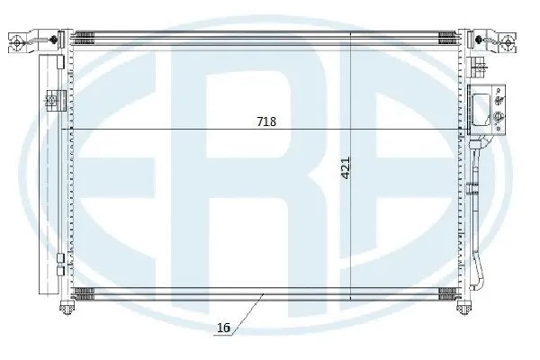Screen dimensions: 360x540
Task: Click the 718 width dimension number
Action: pyautogui.click(x=267, y=121)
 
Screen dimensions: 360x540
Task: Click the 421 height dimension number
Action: pyautogui.click(x=346, y=169)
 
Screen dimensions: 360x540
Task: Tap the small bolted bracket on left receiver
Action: pyautogui.click(x=51, y=102)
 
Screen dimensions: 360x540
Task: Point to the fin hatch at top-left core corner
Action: pyautogui.click(x=85, y=38)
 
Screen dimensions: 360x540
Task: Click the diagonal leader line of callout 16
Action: pyautogui.click(x=244, y=313)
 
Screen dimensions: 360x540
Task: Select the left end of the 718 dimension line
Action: pyautogui.click(x=74, y=130)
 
